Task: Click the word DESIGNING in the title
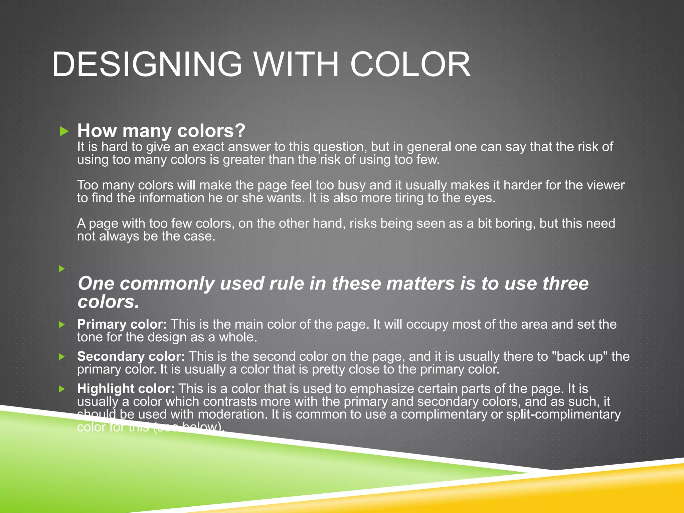click(147, 64)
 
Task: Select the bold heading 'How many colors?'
click(161, 131)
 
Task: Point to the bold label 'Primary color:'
click(122, 324)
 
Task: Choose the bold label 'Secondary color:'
click(131, 356)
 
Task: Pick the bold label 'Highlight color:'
click(126, 388)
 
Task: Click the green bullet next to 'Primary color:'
click(62, 324)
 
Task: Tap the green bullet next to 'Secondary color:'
click(62, 357)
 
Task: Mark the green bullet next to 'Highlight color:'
click(62, 389)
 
